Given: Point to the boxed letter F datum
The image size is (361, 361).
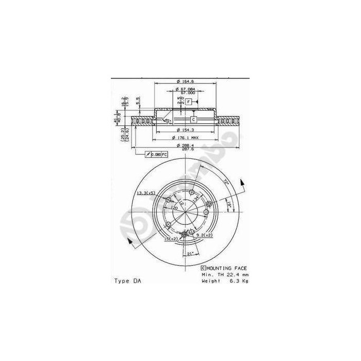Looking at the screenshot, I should coord(189,102).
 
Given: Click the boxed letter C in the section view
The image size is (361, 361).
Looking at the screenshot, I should coord(186,120).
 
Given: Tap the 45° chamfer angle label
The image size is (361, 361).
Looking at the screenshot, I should coord(167,121).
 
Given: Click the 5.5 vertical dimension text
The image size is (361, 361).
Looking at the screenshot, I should coord(138,101).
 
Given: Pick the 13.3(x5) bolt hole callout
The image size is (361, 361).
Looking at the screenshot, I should coord(146,193).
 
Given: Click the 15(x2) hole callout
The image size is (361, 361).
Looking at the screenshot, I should coord(171,239).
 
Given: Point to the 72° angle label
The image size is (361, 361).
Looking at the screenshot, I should coord(225,180).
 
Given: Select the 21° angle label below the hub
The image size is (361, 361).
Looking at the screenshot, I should coord(190,254).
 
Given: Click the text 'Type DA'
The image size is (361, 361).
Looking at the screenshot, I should coord(126,281).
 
